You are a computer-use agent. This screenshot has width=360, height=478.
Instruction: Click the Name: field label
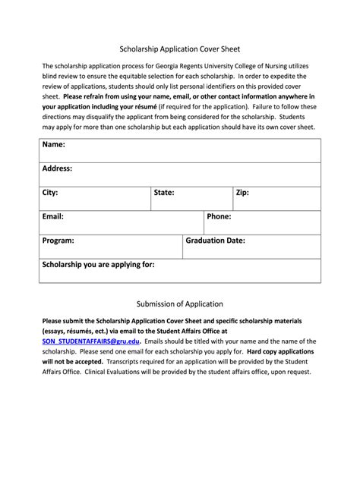tap(54, 144)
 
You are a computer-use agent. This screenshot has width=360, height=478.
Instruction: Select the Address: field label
tap(58, 168)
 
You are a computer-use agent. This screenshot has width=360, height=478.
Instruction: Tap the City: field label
tap(50, 193)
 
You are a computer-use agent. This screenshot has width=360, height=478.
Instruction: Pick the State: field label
tap(164, 193)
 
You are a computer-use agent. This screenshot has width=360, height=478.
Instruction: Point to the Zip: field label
tap(242, 193)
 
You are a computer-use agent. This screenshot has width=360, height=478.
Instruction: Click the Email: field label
tap(52, 216)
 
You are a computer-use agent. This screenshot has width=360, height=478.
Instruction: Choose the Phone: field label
tap(219, 216)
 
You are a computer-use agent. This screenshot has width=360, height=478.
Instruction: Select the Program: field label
tap(58, 241)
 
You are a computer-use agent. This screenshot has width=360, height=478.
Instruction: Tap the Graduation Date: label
tap(215, 241)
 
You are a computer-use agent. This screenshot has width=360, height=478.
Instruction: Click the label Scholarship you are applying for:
tap(98, 265)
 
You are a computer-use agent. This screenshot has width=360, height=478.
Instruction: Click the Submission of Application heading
tap(179, 303)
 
